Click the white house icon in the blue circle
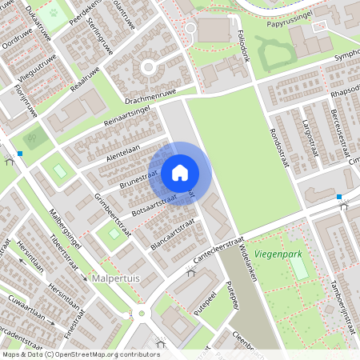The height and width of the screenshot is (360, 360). pos(180,173)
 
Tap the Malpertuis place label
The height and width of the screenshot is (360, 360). pos(117,278)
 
